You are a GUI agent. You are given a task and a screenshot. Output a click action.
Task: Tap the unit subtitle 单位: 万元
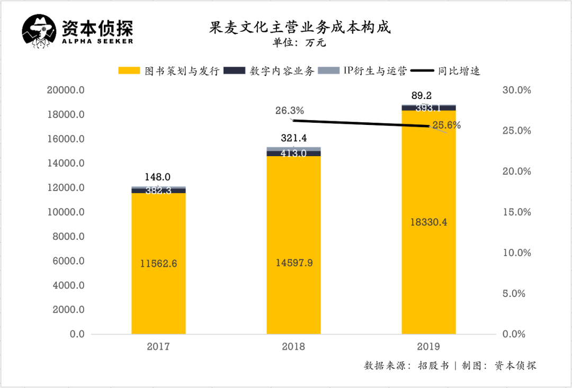click(x=299, y=43)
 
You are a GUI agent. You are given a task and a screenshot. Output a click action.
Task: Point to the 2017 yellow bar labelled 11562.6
click(x=158, y=263)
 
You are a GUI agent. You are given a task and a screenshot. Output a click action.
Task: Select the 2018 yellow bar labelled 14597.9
click(x=293, y=245)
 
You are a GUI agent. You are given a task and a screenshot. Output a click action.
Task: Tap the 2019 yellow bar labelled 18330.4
click(x=428, y=222)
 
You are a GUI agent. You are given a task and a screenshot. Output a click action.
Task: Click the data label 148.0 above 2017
click(x=158, y=177)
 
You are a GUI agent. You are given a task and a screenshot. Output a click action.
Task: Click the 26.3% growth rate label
click(x=289, y=111)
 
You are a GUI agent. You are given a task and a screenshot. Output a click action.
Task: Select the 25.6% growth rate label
click(x=446, y=125)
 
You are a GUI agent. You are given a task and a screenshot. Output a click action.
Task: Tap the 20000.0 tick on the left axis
click(x=66, y=91)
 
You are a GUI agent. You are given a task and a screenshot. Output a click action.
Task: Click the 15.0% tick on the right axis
click(x=516, y=212)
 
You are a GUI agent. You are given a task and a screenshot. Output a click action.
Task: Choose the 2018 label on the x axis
click(x=293, y=347)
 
